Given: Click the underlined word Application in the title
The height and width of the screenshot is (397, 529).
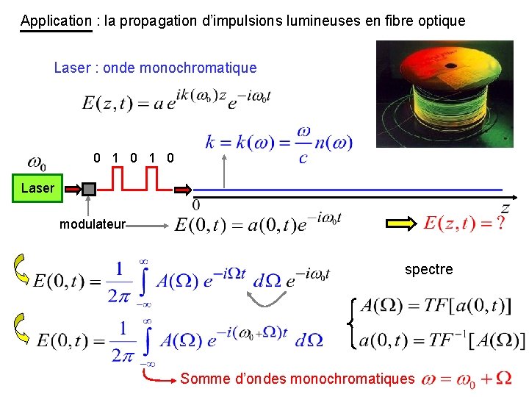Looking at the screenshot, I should [x=56, y=21].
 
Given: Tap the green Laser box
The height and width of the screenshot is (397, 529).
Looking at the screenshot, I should [x=37, y=188].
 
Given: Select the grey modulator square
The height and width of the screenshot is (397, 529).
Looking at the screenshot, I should [x=89, y=189].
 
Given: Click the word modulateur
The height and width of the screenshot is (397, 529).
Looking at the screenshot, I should [x=93, y=223].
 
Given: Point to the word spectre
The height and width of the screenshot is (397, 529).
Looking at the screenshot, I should [x=429, y=269].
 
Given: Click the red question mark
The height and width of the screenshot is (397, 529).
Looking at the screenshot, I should [x=500, y=223].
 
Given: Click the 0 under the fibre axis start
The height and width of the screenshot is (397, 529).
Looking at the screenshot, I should [x=196, y=204].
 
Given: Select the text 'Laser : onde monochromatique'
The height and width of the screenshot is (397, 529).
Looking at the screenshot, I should [x=155, y=68].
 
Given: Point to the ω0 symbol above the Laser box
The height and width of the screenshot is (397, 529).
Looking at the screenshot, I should [x=37, y=162].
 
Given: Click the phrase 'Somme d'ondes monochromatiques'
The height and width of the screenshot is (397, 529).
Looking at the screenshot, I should [x=298, y=379].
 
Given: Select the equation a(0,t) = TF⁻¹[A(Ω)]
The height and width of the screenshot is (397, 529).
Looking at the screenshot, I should [x=442, y=340].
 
